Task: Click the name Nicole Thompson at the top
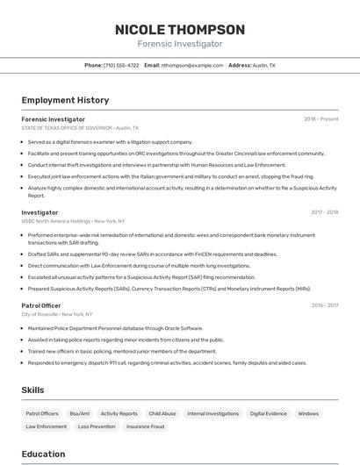click(x=180, y=30)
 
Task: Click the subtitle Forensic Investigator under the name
click(x=180, y=44)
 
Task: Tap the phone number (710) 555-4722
click(x=121, y=65)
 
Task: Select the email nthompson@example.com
click(x=192, y=65)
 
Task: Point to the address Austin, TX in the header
click(x=263, y=65)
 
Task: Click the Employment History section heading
click(x=65, y=100)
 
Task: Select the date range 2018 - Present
click(x=320, y=118)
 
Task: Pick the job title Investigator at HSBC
click(x=40, y=212)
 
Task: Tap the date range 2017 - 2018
click(x=324, y=212)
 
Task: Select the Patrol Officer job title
click(x=41, y=305)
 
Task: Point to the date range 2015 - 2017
click(x=324, y=305)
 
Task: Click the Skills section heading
click(x=33, y=390)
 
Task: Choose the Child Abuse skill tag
click(x=162, y=413)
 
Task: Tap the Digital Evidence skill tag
click(x=268, y=413)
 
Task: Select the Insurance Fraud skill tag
click(x=145, y=426)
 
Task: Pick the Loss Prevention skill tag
click(x=97, y=426)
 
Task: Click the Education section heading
click(x=43, y=454)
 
